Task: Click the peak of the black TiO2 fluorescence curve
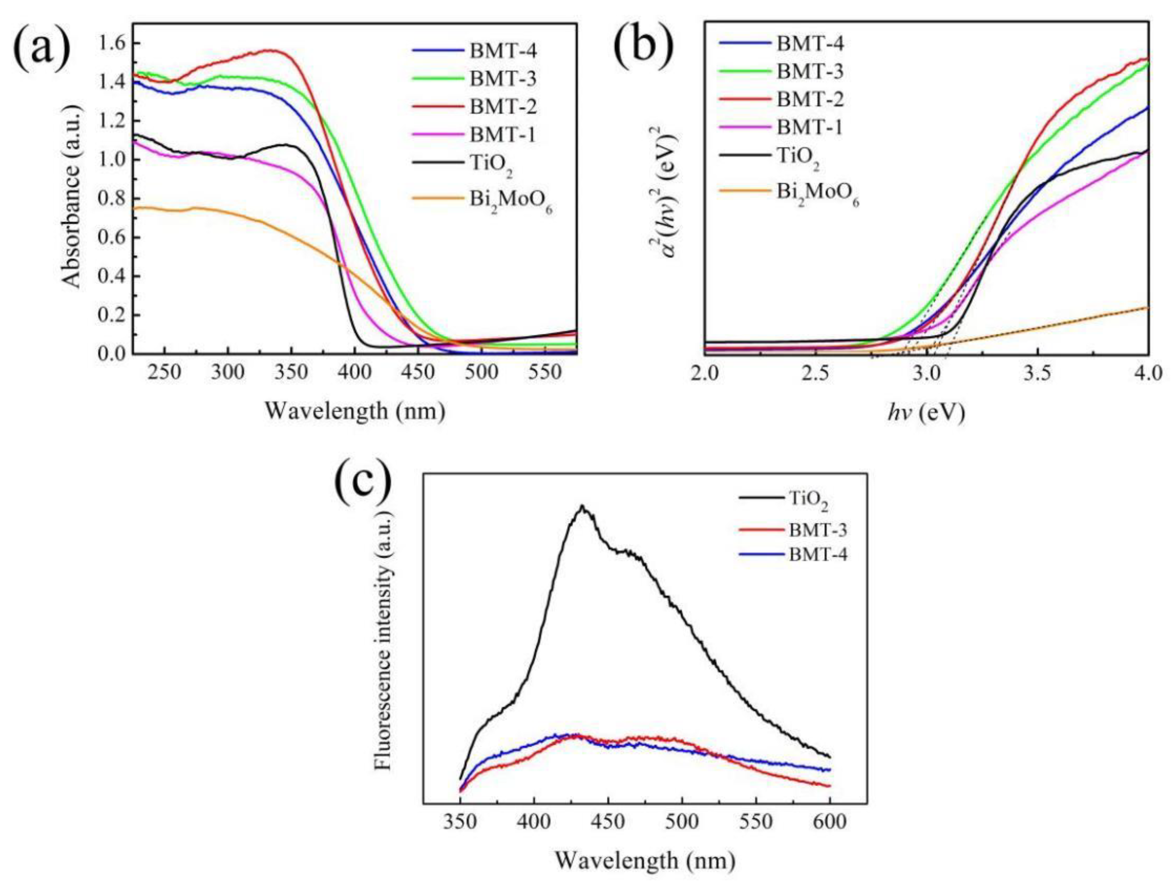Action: point(582,506)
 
